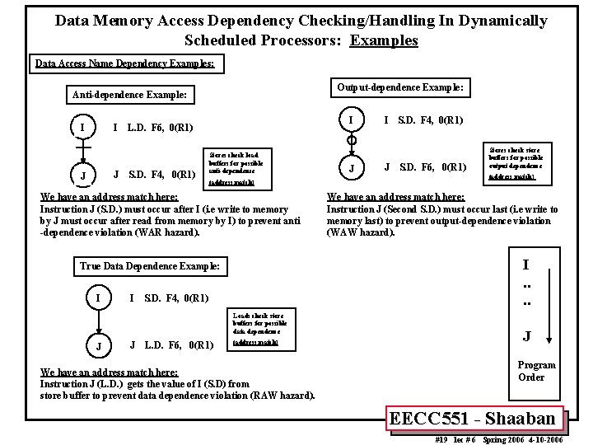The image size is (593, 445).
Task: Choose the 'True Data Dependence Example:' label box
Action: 150,266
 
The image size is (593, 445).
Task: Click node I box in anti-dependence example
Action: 82,128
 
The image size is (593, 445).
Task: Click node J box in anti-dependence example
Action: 82,175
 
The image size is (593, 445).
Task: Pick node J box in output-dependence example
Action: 352,169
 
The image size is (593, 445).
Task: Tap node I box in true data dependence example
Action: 99,297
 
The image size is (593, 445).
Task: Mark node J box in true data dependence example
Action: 99,344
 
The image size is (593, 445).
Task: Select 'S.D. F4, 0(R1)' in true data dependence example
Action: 175,297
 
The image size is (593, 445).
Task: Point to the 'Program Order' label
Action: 536,371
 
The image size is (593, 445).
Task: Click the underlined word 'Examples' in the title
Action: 383,40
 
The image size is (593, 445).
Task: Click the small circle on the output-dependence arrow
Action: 352,141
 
